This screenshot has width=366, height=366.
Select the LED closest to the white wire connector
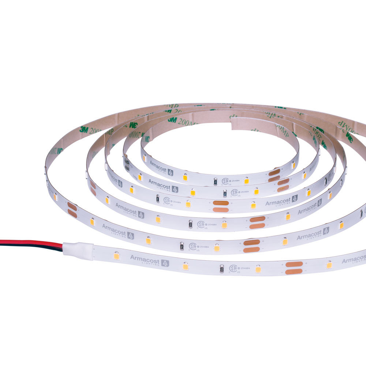coord(116,255)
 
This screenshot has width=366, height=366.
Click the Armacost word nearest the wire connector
coord(145,259)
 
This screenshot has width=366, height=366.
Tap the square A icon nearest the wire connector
coord(165,263)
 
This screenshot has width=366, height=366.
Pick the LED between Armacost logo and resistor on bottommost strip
coord(186,266)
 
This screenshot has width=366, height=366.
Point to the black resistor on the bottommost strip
coord(221,268)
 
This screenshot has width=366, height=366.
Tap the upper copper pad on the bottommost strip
coord(294,264)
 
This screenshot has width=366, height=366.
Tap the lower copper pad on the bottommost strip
coord(294,271)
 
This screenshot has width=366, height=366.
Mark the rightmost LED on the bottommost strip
coord(329,264)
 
